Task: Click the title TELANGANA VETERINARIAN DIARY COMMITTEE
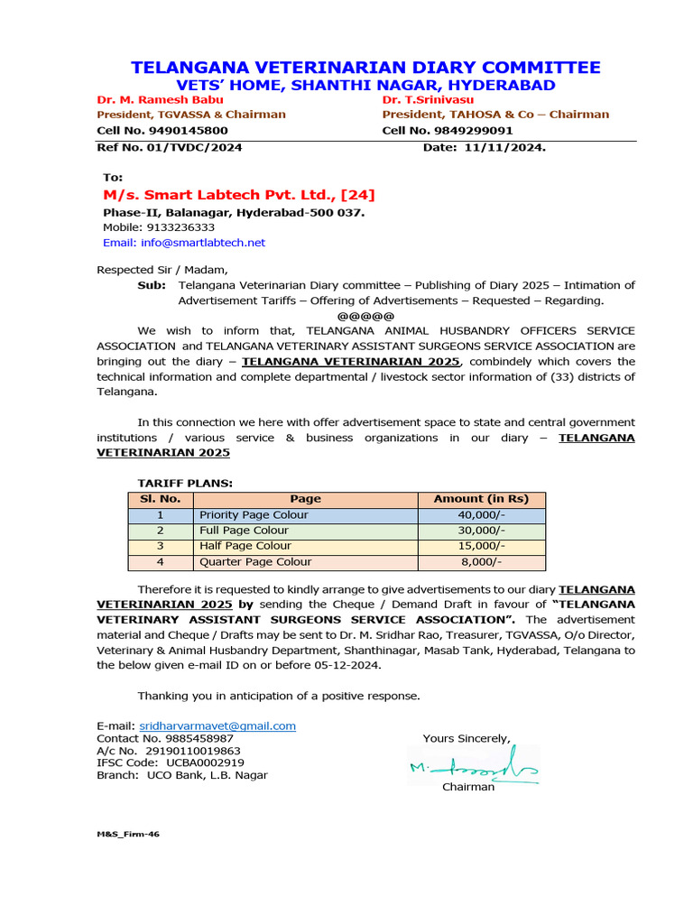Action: click(365, 69)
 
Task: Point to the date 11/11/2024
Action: click(505, 147)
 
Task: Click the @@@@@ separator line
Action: click(365, 316)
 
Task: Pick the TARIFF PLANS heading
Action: click(185, 484)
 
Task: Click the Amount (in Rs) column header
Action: click(481, 499)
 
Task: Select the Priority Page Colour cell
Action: click(254, 515)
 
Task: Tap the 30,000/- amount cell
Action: click(482, 531)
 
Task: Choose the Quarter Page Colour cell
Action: click(255, 562)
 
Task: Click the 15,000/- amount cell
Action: click(482, 546)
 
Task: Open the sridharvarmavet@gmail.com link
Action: click(217, 725)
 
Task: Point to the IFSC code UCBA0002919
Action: click(192, 762)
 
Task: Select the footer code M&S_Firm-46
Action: click(128, 835)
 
